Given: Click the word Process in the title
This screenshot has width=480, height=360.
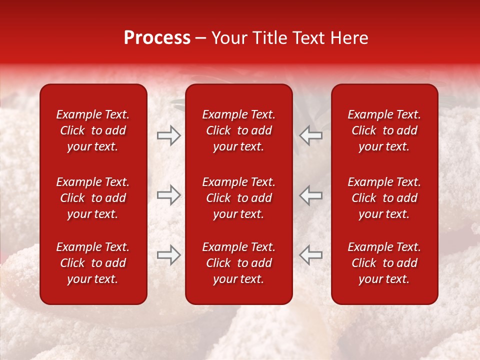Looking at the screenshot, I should [157, 38].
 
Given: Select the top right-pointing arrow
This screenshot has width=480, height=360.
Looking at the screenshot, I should [169, 135].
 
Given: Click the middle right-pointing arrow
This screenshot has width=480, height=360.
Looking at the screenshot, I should [169, 195].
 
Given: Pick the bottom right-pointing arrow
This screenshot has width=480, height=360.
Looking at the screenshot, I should [169, 255].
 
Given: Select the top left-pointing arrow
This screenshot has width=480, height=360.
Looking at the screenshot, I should [310, 135].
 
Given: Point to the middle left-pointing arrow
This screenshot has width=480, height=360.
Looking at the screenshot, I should [310, 195].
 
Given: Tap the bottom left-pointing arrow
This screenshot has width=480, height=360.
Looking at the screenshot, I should [310, 255].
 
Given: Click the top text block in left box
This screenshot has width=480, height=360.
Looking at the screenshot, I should [93, 130].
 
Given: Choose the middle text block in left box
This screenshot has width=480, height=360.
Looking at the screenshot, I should [93, 198].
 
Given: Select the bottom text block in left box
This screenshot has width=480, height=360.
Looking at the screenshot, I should [93, 263].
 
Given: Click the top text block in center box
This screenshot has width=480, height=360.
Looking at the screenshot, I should [238, 130].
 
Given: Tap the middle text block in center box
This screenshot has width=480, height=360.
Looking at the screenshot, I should [238, 198].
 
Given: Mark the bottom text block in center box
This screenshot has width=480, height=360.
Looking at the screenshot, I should [238, 263].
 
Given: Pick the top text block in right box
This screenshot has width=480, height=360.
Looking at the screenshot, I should [384, 130].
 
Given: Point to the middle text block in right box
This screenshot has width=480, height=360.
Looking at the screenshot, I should [384, 198].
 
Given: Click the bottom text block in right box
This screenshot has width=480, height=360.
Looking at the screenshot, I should [384, 263].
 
